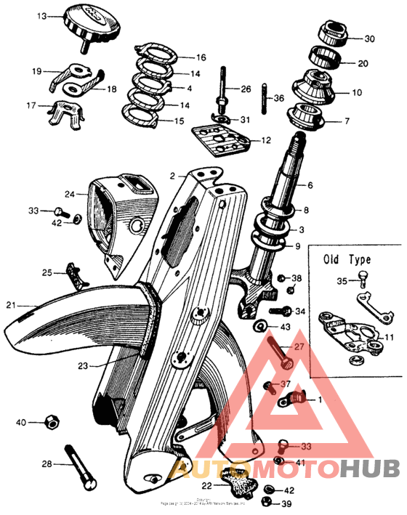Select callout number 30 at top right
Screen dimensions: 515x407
point(369,38)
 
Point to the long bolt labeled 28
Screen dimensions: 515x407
point(77,465)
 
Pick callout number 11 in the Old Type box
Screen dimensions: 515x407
point(389,338)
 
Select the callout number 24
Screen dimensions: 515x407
point(70,194)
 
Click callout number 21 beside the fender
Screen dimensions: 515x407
point(11,305)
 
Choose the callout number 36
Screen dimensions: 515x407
point(279,98)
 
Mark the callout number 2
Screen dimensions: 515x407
point(173,177)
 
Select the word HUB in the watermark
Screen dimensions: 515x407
point(371,471)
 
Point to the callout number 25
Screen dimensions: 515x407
point(47,273)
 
